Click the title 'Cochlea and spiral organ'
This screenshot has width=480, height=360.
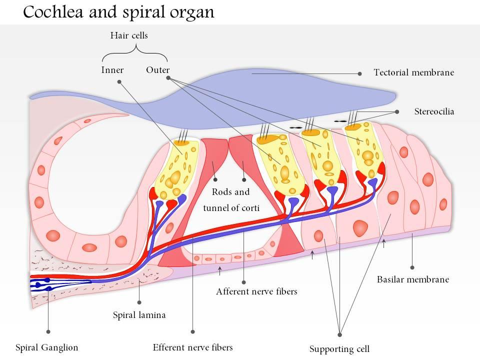pyautogui.click(x=118, y=12)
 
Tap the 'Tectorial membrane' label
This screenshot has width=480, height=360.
pyautogui.click(x=413, y=72)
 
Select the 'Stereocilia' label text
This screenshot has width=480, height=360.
pyautogui.click(x=434, y=111)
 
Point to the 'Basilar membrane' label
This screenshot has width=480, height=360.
pyautogui.click(x=412, y=279)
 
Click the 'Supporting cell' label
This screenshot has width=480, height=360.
pyautogui.click(x=339, y=348)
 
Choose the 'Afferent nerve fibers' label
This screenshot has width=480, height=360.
pyautogui.click(x=256, y=291)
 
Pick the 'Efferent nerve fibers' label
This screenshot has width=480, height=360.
pyautogui.click(x=192, y=347)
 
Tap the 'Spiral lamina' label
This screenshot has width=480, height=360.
pyautogui.click(x=139, y=315)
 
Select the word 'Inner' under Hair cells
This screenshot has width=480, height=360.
pyautogui.click(x=112, y=70)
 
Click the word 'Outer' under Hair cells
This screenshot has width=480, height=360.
pyautogui.click(x=157, y=70)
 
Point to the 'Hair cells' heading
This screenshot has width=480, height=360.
pyautogui.click(x=128, y=35)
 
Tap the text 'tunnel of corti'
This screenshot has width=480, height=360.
pyautogui.click(x=230, y=207)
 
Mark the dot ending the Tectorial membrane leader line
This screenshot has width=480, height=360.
pyautogui.click(x=360, y=73)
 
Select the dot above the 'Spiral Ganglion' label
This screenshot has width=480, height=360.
pyautogui.click(x=48, y=331)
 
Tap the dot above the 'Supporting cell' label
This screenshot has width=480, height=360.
pyautogui.click(x=339, y=334)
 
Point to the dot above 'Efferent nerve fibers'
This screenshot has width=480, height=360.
pyautogui.click(x=193, y=331)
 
